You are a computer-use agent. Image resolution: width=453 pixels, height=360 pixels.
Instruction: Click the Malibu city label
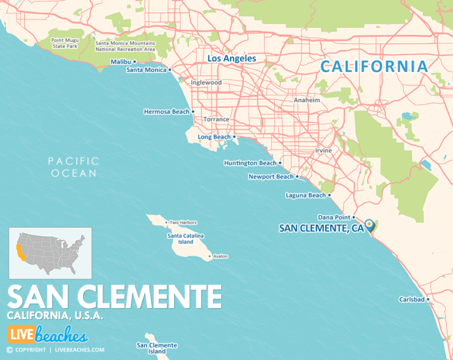coord(121,61)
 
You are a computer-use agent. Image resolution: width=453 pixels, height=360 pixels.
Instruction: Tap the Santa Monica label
coord(146,70)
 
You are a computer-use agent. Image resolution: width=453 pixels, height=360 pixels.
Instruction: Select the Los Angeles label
coord(231,58)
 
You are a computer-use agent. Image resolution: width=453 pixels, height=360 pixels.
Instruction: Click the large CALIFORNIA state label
coord(374,67)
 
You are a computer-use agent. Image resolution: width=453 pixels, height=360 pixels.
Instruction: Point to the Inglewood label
coord(206,83)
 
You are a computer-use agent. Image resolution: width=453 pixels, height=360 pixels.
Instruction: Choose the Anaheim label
coord(307,100)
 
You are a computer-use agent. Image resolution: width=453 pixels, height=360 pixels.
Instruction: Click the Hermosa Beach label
coord(166,112)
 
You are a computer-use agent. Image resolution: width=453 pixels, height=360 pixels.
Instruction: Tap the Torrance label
coord(216,119)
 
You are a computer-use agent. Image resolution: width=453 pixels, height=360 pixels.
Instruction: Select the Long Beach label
coord(214,137)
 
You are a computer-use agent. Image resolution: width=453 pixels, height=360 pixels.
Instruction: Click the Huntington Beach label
coord(250,163)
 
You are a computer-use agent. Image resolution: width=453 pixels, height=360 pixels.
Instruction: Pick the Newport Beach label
coord(271,176)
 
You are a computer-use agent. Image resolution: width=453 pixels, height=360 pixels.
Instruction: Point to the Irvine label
coord(323,150)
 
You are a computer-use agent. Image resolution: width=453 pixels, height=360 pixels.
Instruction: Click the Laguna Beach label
coord(305,195)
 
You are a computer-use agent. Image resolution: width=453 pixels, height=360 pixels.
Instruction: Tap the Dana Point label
coord(334,217)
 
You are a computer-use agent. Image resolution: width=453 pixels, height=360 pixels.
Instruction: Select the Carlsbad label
coord(412,299)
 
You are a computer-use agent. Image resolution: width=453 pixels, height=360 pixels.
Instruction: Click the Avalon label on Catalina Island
coord(220,256)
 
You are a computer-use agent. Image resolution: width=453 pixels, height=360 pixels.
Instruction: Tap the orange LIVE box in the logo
coord(21,335)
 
